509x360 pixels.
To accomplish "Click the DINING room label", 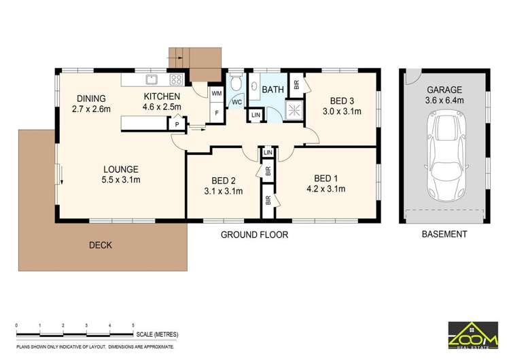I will (91, 97).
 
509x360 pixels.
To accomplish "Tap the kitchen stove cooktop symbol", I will (177, 79).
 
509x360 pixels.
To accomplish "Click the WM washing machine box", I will (217, 92).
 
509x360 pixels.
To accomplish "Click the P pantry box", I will (177, 124).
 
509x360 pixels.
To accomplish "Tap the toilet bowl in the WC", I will (235, 84).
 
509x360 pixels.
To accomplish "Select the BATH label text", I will (273, 90).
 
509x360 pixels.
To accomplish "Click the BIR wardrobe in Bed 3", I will (296, 85).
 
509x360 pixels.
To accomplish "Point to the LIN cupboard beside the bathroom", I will (256, 115).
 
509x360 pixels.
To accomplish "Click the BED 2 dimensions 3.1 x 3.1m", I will (224, 191).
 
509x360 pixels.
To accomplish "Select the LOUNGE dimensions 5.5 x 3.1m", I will (121, 180).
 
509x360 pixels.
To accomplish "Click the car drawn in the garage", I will (444, 157).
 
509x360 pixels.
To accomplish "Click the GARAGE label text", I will (444, 89).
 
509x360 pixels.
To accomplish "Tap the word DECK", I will (99, 245).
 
